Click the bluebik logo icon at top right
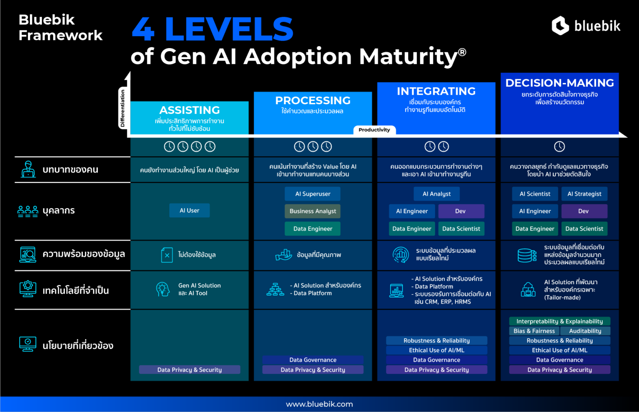pyautogui.click(x=560, y=26)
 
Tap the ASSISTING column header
pyautogui.click(x=189, y=110)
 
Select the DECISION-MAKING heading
pyautogui.click(x=560, y=83)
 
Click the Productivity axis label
pyautogui.click(x=374, y=130)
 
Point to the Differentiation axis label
pyautogui.click(x=122, y=108)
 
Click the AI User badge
pyautogui.click(x=189, y=211)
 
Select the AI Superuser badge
pyautogui.click(x=312, y=194)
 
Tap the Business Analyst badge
pyautogui.click(x=312, y=211)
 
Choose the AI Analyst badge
pyautogui.click(x=436, y=194)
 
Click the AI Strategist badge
pyautogui.click(x=584, y=194)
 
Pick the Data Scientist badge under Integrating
pyautogui.click(x=461, y=229)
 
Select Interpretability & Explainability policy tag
pyautogui.click(x=560, y=321)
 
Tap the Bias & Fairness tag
pyautogui.click(x=534, y=331)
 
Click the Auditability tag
pyautogui.click(x=585, y=331)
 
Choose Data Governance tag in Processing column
pyautogui.click(x=312, y=360)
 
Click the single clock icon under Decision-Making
pyautogui.click(x=560, y=147)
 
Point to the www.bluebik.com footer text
pyautogui.click(x=319, y=404)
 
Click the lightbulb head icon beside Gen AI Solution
pyautogui.click(x=163, y=289)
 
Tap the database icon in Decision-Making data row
pyautogui.click(x=527, y=255)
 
